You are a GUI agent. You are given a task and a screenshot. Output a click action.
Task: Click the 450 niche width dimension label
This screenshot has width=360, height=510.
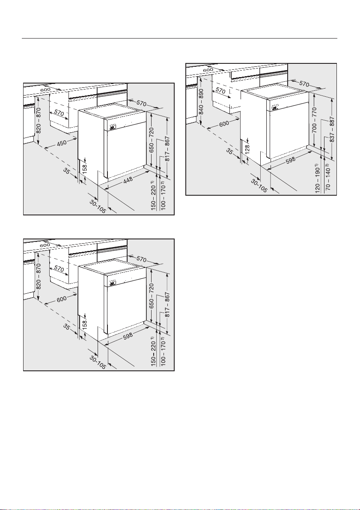(x=62, y=143)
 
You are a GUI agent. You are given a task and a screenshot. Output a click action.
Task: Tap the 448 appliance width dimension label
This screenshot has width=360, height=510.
(x=128, y=181)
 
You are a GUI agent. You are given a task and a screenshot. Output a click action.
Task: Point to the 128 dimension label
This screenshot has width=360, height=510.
(x=248, y=149)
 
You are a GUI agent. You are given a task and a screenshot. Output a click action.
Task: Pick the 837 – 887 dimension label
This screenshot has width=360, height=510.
(x=332, y=129)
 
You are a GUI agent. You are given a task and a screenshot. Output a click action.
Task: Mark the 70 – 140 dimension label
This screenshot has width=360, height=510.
(x=328, y=178)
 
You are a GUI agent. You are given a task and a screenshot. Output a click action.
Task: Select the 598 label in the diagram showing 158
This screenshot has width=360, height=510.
(x=128, y=336)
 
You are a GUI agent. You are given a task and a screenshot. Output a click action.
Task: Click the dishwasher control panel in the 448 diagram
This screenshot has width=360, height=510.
(x=113, y=127)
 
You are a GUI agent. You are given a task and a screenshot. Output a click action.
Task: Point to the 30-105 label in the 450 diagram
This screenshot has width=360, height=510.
(x=98, y=206)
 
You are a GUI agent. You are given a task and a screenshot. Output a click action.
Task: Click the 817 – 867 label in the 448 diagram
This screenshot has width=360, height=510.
(x=167, y=149)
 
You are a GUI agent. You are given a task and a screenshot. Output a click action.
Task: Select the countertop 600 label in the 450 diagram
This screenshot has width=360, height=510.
(x=45, y=89)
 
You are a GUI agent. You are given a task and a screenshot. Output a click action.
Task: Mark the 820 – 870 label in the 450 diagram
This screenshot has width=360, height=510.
(x=39, y=120)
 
